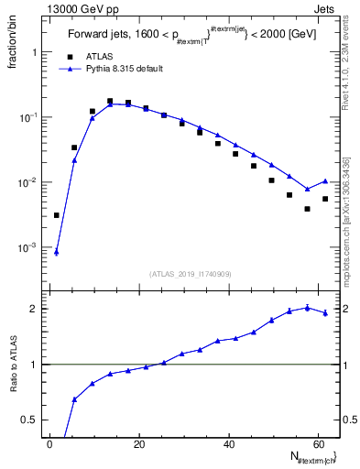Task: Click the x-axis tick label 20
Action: click(x=139, y=444)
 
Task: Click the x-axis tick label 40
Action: click(x=229, y=444)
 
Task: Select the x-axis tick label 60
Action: click(x=318, y=444)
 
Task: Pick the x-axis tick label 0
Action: click(x=50, y=444)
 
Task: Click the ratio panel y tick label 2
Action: click(x=34, y=308)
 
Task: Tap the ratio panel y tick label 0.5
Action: click(x=30, y=420)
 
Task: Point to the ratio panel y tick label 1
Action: click(x=34, y=365)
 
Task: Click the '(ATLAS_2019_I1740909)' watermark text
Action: click(x=191, y=273)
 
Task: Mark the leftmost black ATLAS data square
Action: click(x=57, y=215)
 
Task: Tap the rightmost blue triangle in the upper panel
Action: click(x=325, y=181)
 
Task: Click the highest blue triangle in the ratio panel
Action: click(x=308, y=308)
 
